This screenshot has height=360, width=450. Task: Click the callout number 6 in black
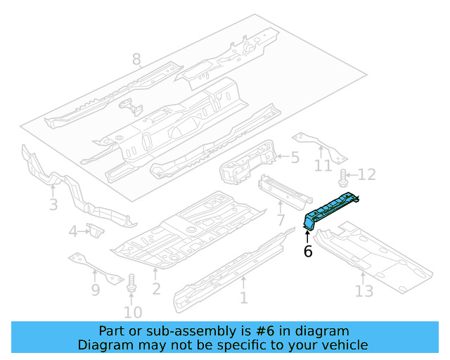coord(308,251)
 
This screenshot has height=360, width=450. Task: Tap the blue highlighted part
coord(330,208)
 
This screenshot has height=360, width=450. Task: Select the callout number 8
coord(136,59)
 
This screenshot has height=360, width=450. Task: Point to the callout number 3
coord(53,205)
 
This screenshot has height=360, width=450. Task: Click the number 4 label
coord(73,231)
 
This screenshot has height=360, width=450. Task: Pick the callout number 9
coord(96,289)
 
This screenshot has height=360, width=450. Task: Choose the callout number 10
coord(133,312)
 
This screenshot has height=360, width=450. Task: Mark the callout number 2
coord(156,288)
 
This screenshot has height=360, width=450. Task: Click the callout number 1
coord(243,297)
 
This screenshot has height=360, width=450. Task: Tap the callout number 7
coord(281,221)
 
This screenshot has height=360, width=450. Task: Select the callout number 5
coord(295,158)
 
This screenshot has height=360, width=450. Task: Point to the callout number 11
coord(322,166)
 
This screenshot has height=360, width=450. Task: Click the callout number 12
coord(367,174)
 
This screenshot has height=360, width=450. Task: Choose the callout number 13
coord(364,290)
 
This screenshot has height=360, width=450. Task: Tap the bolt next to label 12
coord(343,176)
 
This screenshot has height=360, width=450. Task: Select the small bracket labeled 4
coord(94,230)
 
